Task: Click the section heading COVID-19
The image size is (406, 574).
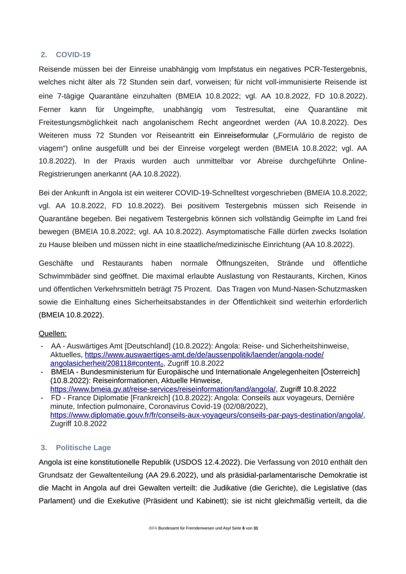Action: tap(73, 55)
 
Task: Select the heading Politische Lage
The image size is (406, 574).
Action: tap(83, 448)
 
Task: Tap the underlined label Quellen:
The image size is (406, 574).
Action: tap(53, 333)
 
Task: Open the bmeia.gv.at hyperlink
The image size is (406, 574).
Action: tap(163, 389)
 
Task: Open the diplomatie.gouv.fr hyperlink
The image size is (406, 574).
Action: tap(207, 415)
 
